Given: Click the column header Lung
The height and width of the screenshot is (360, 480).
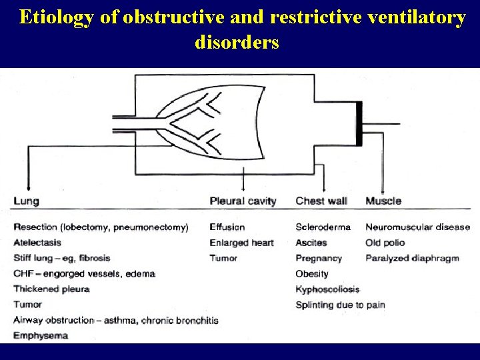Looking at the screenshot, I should pyautogui.click(x=26, y=201).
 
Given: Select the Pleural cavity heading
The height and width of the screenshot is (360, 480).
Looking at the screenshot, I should pyautogui.click(x=243, y=201).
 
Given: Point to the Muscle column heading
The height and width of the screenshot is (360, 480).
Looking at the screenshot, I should pyautogui.click(x=383, y=201).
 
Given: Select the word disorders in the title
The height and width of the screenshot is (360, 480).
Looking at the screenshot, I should pyautogui.click(x=237, y=43).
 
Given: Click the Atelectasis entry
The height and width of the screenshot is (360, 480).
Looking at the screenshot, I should pyautogui.click(x=37, y=243).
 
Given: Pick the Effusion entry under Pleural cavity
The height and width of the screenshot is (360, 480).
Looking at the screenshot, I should pyautogui.click(x=227, y=227).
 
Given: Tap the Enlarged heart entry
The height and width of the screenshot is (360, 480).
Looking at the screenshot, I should pyautogui.click(x=241, y=243).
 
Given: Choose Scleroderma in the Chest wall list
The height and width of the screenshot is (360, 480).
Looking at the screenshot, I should pyautogui.click(x=323, y=227).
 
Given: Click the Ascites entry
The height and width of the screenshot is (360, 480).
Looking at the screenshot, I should pyautogui.click(x=311, y=243).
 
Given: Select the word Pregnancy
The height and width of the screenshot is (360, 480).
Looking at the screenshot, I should pyautogui.click(x=319, y=258).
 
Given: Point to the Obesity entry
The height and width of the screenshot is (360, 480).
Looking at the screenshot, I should pyautogui.click(x=312, y=273).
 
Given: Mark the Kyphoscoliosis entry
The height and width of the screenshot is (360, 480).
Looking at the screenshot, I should pyautogui.click(x=327, y=289).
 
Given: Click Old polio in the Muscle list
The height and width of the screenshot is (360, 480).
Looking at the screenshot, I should pyautogui.click(x=385, y=243).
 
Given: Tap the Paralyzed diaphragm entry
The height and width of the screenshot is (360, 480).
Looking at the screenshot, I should pyautogui.click(x=412, y=258).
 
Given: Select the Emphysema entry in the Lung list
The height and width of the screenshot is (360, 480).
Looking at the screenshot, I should pyautogui.click(x=41, y=335).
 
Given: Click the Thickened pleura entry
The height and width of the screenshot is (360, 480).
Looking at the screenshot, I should pyautogui.click(x=51, y=289).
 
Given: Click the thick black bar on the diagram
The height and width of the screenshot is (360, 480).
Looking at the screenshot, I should pyautogui.click(x=359, y=124).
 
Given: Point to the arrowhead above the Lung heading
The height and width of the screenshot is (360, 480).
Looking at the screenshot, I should pyautogui.click(x=27, y=188).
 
